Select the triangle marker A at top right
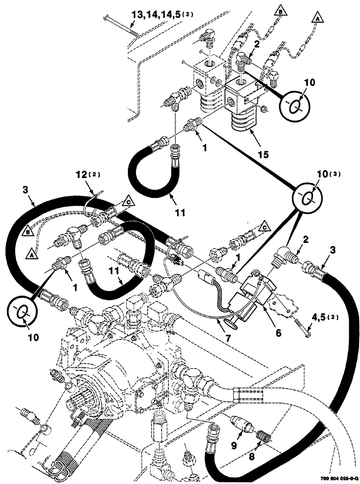click(x=317, y=18)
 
